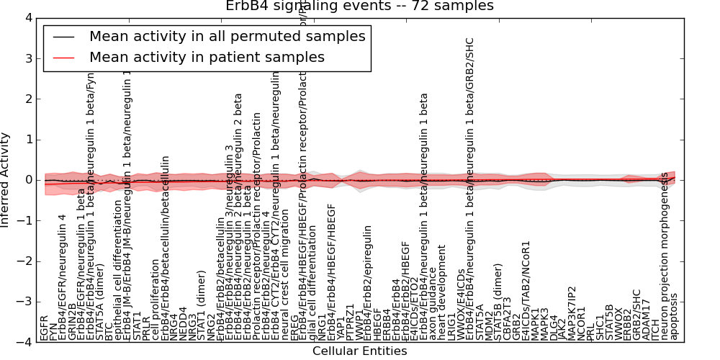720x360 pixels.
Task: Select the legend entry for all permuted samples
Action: (x=227, y=36)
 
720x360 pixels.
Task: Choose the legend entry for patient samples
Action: (x=207, y=57)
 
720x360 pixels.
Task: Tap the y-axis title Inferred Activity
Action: (x=6, y=179)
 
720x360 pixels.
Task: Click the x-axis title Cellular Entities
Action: (x=359, y=351)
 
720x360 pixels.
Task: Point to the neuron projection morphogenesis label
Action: (x=665, y=263)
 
